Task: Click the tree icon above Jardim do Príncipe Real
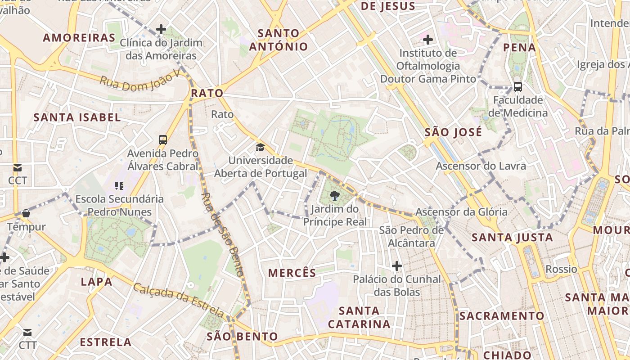pos(334,195)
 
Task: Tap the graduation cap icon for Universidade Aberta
pos(260,147)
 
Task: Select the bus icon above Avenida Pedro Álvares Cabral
pos(163,140)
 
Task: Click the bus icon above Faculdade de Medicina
pos(518,86)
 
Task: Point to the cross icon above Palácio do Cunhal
pos(396,266)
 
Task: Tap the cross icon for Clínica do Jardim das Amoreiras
pos(161,30)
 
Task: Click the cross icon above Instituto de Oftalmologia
pos(428,40)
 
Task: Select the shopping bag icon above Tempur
pos(26,213)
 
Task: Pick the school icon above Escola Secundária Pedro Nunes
pos(119,185)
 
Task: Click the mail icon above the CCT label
pos(18,168)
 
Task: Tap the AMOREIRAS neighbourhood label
pos(79,38)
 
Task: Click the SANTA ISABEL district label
pos(77,118)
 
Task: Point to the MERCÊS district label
pos(292,273)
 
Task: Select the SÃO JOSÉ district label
pos(453,132)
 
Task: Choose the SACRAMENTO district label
pos(501,315)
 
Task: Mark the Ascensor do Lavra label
pos(481,166)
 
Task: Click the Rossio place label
pos(561,269)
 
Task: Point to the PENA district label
pos(519,47)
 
